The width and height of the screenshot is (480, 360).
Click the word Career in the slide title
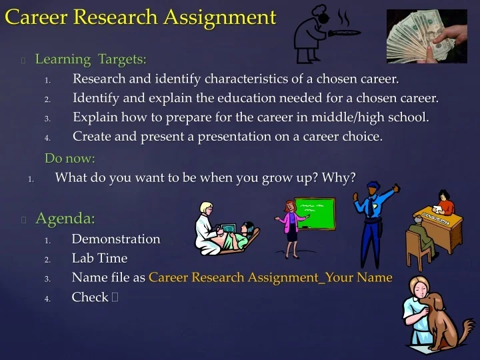pyautogui.click(x=36, y=17)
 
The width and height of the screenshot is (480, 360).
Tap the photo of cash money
pyautogui.click(x=426, y=36)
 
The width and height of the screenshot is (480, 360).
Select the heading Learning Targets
pyautogui.click(x=91, y=59)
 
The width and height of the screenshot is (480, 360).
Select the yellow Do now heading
pyautogui.click(x=70, y=159)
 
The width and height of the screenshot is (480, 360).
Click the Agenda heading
pyautogui.click(x=65, y=219)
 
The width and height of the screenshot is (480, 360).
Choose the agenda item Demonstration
pyautogui.click(x=116, y=239)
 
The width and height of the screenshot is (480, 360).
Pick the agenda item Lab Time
pyautogui.click(x=99, y=258)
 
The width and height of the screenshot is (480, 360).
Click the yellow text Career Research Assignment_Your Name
pyautogui.click(x=270, y=277)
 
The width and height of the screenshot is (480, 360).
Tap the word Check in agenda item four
pyautogui.click(x=90, y=297)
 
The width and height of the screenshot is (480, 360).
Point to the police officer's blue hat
pyautogui.click(x=373, y=186)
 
